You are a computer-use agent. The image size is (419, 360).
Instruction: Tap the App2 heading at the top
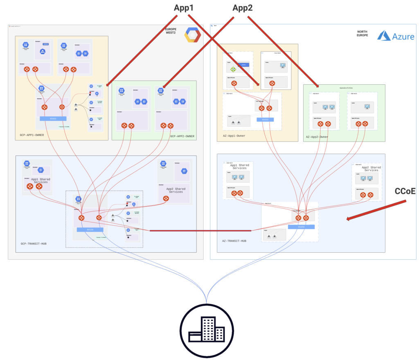[x=243, y=8]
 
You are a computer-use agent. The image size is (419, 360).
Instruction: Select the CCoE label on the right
[x=405, y=191]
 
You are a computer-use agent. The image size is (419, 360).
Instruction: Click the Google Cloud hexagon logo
[x=192, y=35]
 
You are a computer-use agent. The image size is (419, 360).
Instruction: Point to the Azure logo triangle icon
[x=384, y=36]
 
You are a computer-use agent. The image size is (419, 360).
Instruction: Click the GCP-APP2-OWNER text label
[x=182, y=136]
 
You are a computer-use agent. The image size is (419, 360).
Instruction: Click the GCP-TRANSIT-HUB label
[x=34, y=244]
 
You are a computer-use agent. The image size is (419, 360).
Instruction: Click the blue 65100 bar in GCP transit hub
[x=90, y=230]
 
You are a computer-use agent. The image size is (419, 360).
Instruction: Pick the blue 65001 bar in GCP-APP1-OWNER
[x=53, y=118]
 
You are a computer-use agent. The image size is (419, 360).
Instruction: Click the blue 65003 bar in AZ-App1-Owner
[x=265, y=119]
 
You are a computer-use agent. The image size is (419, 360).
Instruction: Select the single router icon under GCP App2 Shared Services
[x=166, y=199]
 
